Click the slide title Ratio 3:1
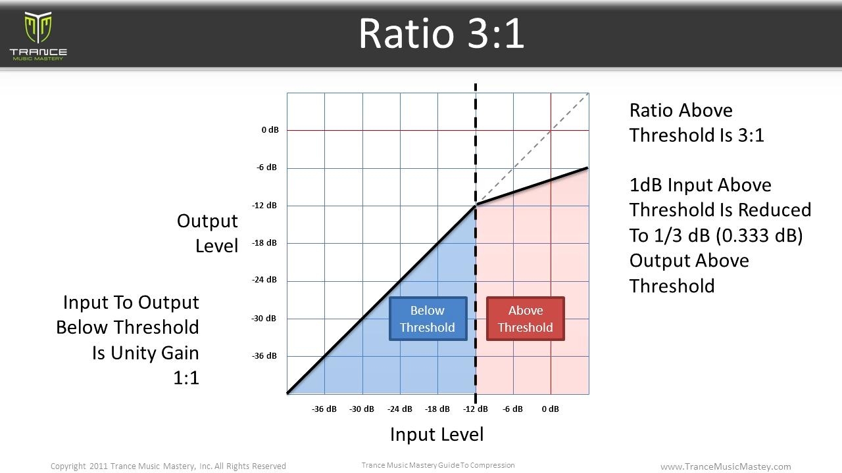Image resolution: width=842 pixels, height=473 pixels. (x=441, y=34)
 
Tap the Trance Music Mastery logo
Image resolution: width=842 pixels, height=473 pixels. (x=38, y=36)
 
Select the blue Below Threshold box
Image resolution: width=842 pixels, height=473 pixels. (x=428, y=319)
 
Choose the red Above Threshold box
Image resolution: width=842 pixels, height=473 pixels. (x=526, y=319)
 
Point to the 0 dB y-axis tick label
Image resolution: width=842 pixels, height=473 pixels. (x=270, y=130)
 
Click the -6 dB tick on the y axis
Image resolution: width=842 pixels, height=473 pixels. (x=266, y=168)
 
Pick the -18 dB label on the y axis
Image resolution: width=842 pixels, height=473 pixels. (x=264, y=243)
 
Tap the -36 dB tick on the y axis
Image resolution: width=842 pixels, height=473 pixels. (x=264, y=356)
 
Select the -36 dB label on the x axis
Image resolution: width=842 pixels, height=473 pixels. (x=324, y=409)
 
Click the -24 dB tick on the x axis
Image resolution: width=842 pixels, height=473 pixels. (x=399, y=409)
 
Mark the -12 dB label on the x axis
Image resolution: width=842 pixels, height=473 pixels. (x=476, y=409)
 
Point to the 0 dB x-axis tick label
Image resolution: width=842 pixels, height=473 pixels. (x=551, y=409)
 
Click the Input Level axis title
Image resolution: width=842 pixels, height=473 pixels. (x=437, y=435)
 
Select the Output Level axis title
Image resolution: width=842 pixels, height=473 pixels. (x=207, y=233)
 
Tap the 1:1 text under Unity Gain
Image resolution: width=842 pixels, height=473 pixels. (x=186, y=378)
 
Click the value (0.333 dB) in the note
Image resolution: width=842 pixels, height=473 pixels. (x=759, y=236)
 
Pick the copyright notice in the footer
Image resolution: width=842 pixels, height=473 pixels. (x=168, y=466)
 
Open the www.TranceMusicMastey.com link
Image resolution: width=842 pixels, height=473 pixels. (x=726, y=466)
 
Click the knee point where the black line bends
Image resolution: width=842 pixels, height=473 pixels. (x=476, y=206)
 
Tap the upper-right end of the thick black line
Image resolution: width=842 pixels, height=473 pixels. (x=587, y=168)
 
